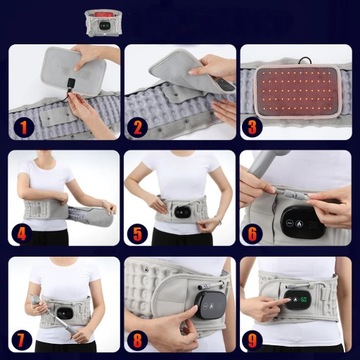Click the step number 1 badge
pyautogui.click(x=23, y=128)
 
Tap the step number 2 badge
pyautogui.click(x=138, y=128)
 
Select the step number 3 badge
pyautogui.click(x=252, y=128)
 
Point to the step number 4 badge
pyautogui.click(x=22, y=234)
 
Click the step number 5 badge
pyautogui.click(x=137, y=234)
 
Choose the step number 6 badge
pyautogui.click(x=252, y=234)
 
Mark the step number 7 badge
pyautogui.click(x=22, y=340)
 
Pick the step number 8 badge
pyautogui.click(x=137, y=340)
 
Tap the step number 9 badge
pyautogui.click(x=252, y=340)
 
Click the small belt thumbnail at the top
pyautogui.click(x=103, y=23)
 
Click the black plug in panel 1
pyautogui.click(x=71, y=83)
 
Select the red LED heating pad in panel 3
pyautogui.click(x=298, y=92)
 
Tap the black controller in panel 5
pyautogui.click(x=182, y=212)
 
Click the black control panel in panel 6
pyautogui.click(x=303, y=222)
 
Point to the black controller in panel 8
pyautogui.click(x=209, y=304)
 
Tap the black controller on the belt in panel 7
pyautogui.click(x=64, y=313)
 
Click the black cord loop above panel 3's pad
pyautogui.click(x=305, y=61)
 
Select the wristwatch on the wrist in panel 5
pyautogui.click(x=220, y=221)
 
